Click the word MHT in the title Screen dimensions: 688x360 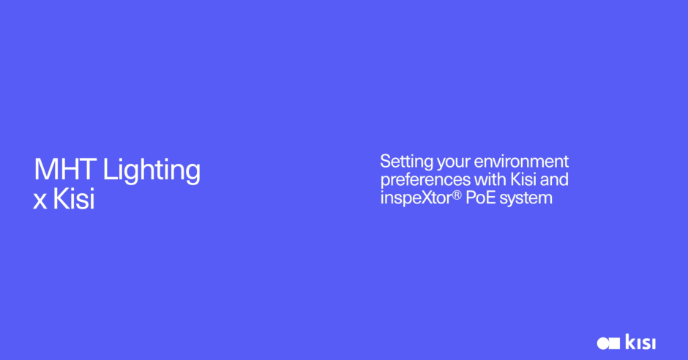[x=65, y=169]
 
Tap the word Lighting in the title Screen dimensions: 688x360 [x=152, y=171]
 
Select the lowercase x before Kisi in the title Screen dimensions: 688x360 [x=40, y=201]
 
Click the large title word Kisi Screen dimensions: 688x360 [x=74, y=198]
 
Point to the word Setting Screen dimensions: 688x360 [x=407, y=162]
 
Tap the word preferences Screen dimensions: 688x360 [x=425, y=181]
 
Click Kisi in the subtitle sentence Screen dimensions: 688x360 [x=523, y=179]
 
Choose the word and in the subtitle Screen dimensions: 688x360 [x=554, y=179]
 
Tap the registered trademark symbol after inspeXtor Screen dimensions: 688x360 [x=457, y=195]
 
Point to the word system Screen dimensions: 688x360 [x=526, y=199]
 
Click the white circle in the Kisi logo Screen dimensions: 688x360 [x=603, y=343]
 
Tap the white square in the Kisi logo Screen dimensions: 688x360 [x=614, y=343]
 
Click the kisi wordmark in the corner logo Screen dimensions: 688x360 [x=640, y=342]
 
